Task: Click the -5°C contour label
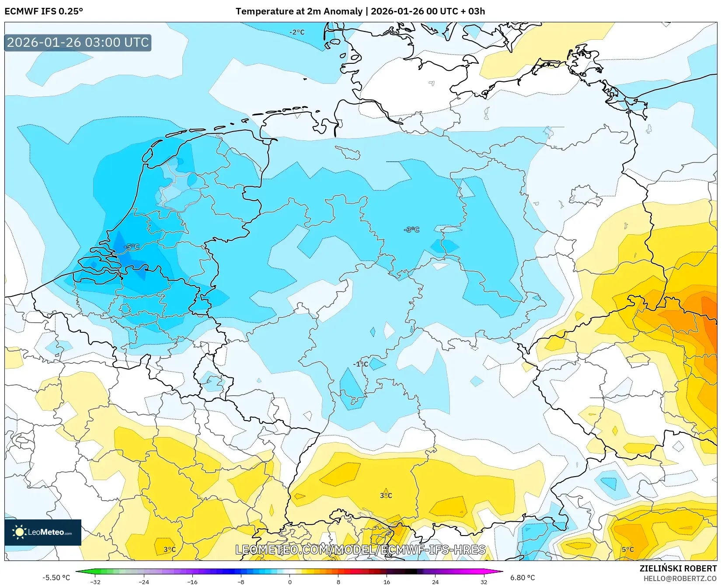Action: click(x=131, y=247)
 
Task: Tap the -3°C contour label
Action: click(x=411, y=230)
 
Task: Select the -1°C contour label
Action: click(x=361, y=364)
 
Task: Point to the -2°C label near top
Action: click(x=297, y=32)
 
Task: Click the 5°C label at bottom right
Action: click(x=627, y=550)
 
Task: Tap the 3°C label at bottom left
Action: click(x=170, y=550)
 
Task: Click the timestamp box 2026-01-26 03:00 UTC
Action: click(x=78, y=42)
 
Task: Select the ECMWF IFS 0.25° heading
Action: click(x=44, y=11)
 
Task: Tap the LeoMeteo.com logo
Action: click(x=43, y=532)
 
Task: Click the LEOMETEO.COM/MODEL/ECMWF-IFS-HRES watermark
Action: click(x=360, y=550)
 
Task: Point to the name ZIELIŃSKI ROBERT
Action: click(x=678, y=568)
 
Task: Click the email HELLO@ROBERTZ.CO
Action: click(x=680, y=578)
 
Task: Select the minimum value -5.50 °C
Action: click(x=56, y=578)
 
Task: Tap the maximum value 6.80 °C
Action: click(x=522, y=578)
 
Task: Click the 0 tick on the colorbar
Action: click(x=289, y=582)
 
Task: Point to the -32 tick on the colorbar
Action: click(x=95, y=582)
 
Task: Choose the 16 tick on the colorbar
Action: click(x=387, y=582)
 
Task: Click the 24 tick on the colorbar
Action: click(x=435, y=582)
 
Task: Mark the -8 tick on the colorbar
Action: click(x=241, y=582)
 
